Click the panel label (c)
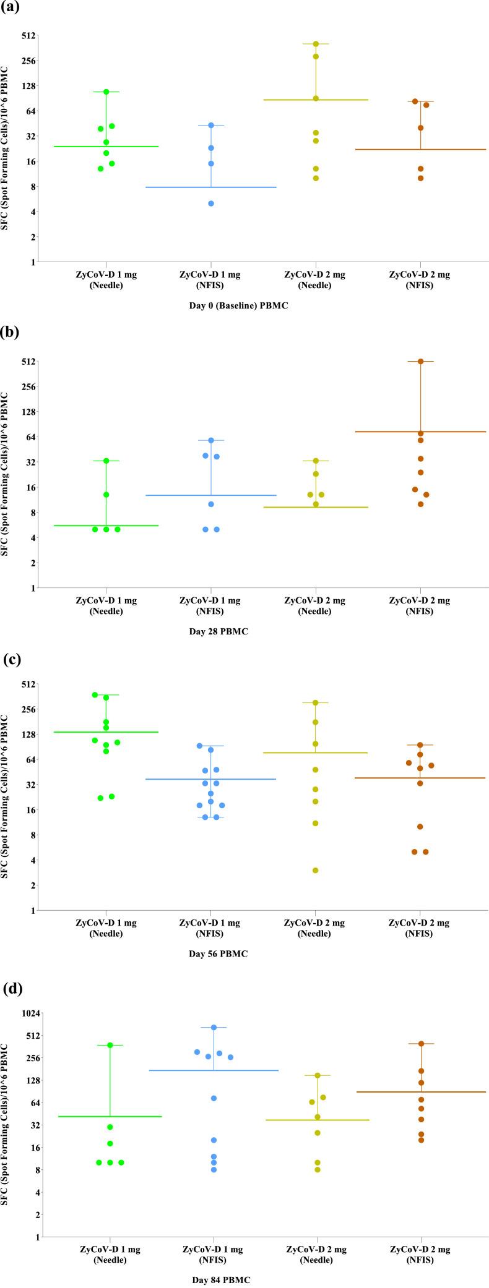(12, 659)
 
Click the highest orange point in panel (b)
(420, 361)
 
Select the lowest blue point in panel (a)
(211, 203)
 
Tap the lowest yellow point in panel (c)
(315, 871)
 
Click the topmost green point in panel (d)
(110, 1045)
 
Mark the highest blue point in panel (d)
(214, 1027)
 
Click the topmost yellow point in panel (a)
(316, 44)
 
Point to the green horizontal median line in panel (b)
(106, 526)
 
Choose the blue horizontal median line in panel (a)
(211, 187)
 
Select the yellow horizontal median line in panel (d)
(318, 1120)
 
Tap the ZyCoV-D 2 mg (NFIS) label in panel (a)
(420, 280)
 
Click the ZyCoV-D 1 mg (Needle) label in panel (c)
(106, 928)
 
